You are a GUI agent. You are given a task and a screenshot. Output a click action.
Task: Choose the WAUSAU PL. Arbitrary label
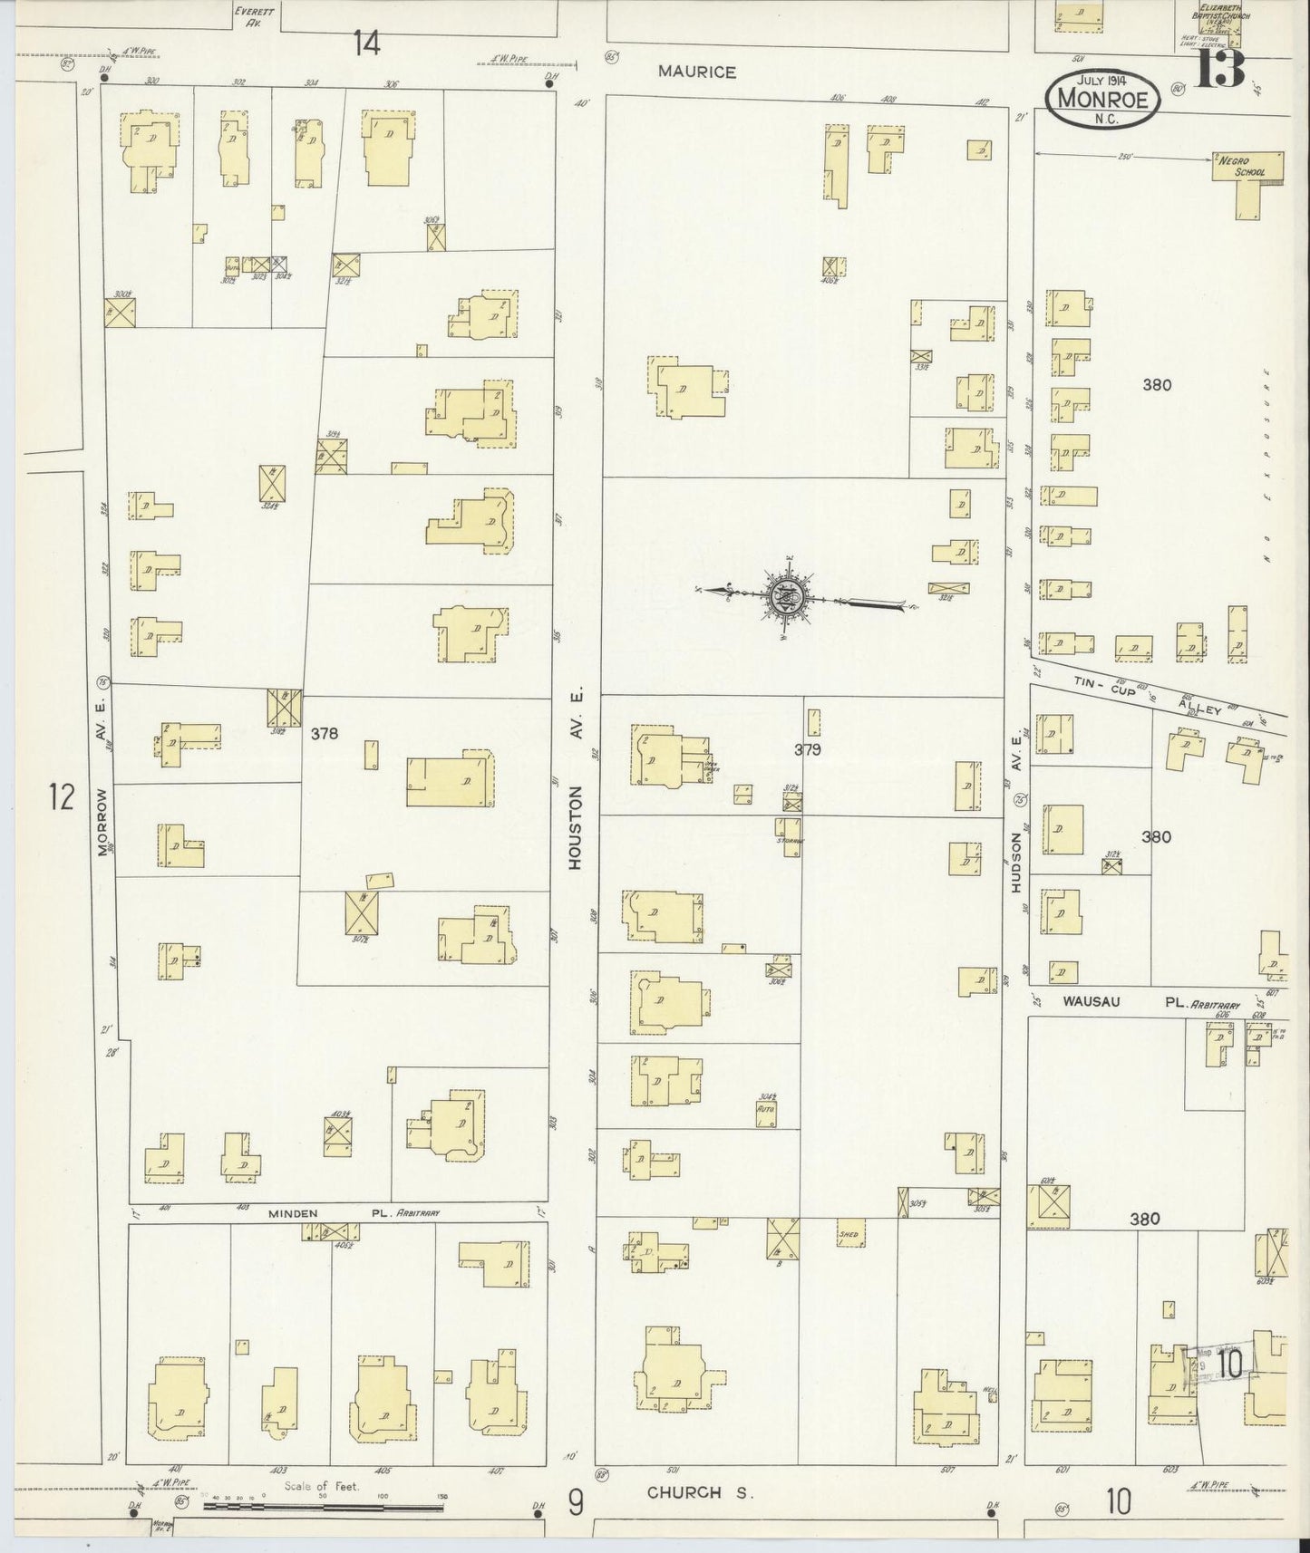click(x=1150, y=1001)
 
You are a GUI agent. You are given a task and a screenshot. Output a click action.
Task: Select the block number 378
click(x=325, y=733)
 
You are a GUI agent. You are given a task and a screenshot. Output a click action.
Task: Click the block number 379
click(x=807, y=749)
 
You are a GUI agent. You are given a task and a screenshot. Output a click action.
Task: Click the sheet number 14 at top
click(x=366, y=43)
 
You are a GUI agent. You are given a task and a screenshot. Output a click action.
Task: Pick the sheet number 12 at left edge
click(x=62, y=798)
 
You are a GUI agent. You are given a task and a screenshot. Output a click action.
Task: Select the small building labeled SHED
click(x=849, y=1233)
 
